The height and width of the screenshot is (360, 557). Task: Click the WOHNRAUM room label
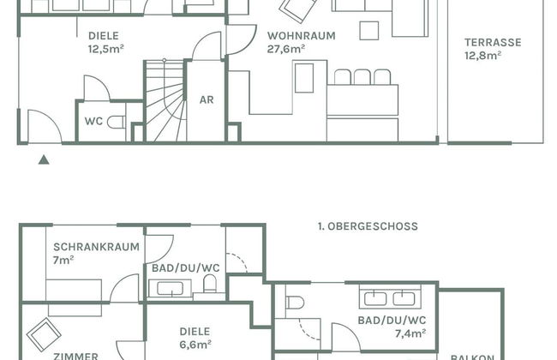[x=302, y=36]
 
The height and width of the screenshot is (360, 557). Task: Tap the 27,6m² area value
[x=286, y=49]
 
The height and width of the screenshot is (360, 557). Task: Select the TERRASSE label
[x=493, y=43]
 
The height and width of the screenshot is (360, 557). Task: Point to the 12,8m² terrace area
[x=483, y=56]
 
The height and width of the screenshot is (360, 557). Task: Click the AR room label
[x=207, y=100]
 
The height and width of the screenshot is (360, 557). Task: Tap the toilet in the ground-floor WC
[x=117, y=122]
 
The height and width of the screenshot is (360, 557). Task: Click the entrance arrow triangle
[x=44, y=159]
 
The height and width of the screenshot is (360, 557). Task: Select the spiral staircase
[x=165, y=100]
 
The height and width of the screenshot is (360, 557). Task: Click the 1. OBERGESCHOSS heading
[x=368, y=226]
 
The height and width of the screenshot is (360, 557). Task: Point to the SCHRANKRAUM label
[x=96, y=247]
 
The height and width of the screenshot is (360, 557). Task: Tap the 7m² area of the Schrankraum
[x=63, y=260]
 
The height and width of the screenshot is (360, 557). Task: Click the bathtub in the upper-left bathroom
[x=171, y=289]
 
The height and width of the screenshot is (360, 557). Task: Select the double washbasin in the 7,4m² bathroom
[x=390, y=297]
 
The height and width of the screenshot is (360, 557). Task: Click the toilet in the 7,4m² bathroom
[x=295, y=303]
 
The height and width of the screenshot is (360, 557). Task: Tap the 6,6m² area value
[x=195, y=345]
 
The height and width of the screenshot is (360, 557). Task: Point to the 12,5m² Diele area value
[x=106, y=49]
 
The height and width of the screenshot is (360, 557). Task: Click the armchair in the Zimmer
[x=44, y=335]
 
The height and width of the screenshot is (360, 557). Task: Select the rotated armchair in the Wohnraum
[x=297, y=10]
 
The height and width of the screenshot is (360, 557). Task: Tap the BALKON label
[x=472, y=357]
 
